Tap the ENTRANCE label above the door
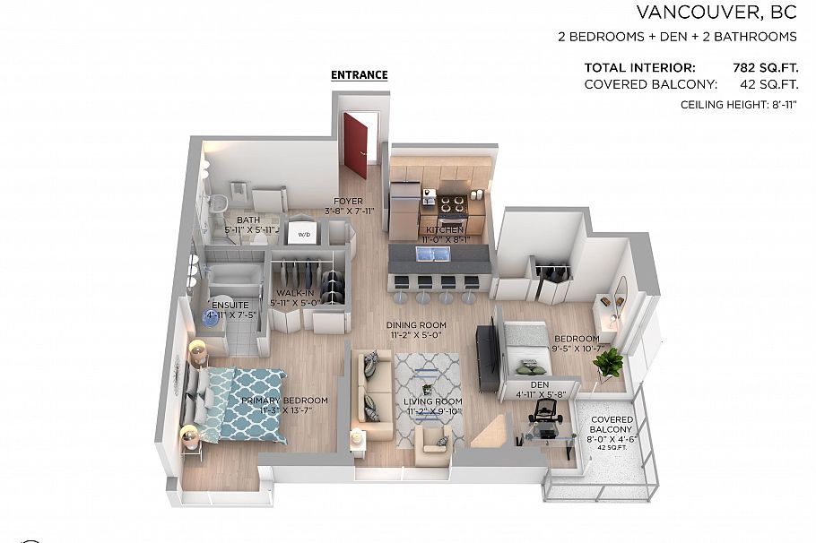coord(360,75)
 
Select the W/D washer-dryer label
coord(303,235)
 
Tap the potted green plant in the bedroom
coord(609,363)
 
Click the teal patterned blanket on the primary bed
coord(252,403)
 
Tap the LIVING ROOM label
coord(432,401)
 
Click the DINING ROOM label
coord(416,325)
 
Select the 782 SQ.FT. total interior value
coord(765,67)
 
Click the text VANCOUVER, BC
coord(716,13)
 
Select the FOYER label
coord(348,202)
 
